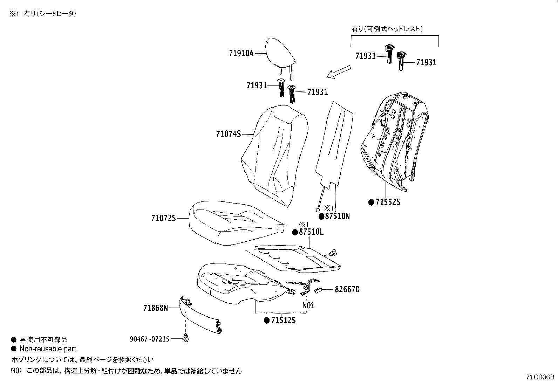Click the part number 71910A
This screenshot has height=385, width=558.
click(x=241, y=53)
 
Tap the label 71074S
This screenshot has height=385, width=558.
click(x=229, y=133)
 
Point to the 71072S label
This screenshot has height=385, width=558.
click(x=163, y=218)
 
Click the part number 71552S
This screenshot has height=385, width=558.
click(x=388, y=202)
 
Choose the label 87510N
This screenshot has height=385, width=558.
click(x=337, y=216)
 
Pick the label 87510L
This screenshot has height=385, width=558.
click(x=311, y=232)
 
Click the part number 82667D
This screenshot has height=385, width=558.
click(x=347, y=289)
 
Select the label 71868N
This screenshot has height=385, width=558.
click(x=156, y=308)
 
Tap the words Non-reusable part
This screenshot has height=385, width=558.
click(x=48, y=349)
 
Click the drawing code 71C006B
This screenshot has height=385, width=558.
click(x=540, y=377)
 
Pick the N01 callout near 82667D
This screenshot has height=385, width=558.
click(x=308, y=305)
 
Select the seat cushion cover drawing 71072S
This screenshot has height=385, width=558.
click(x=235, y=222)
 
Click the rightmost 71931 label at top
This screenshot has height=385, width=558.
click(x=426, y=62)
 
